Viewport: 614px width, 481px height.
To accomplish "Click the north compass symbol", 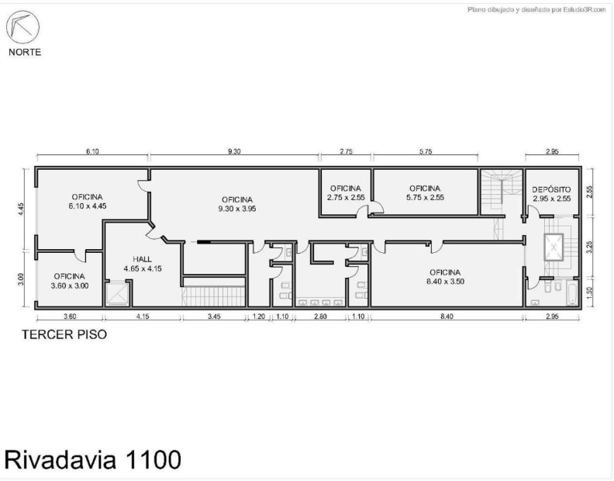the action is click(x=22, y=27).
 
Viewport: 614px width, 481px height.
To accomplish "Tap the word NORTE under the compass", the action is click(x=25, y=52).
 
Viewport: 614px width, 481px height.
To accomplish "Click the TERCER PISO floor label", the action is click(x=64, y=334).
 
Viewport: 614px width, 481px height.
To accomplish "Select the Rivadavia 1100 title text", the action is click(x=93, y=459).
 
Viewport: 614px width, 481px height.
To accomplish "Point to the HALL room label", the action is click(x=142, y=259).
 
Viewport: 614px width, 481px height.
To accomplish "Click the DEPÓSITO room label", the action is click(x=551, y=190).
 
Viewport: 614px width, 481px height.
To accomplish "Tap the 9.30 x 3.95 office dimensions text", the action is click(x=237, y=209).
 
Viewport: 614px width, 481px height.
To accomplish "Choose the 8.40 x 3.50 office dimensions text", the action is click(x=445, y=282).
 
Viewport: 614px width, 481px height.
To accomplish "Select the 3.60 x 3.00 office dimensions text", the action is click(x=70, y=285).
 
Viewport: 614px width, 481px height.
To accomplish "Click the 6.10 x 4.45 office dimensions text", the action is click(x=88, y=206).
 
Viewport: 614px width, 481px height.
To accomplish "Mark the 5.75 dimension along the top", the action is click(x=426, y=151).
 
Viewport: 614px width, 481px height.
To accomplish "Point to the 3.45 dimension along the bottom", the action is click(x=214, y=316).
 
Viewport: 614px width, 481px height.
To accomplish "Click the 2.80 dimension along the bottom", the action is click(x=320, y=316).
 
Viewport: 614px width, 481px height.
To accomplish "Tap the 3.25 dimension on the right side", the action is click(x=590, y=247).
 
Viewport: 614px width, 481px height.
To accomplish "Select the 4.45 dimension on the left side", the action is click(x=21, y=209).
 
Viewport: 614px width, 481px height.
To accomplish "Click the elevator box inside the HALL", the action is click(x=118, y=293).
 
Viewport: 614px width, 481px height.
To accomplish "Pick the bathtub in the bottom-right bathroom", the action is click(x=571, y=294).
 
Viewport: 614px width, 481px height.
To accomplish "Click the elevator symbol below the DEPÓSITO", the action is click(x=554, y=247).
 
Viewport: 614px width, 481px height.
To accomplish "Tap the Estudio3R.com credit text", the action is click(x=536, y=9).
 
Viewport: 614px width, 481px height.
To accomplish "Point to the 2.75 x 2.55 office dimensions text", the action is click(x=346, y=198).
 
